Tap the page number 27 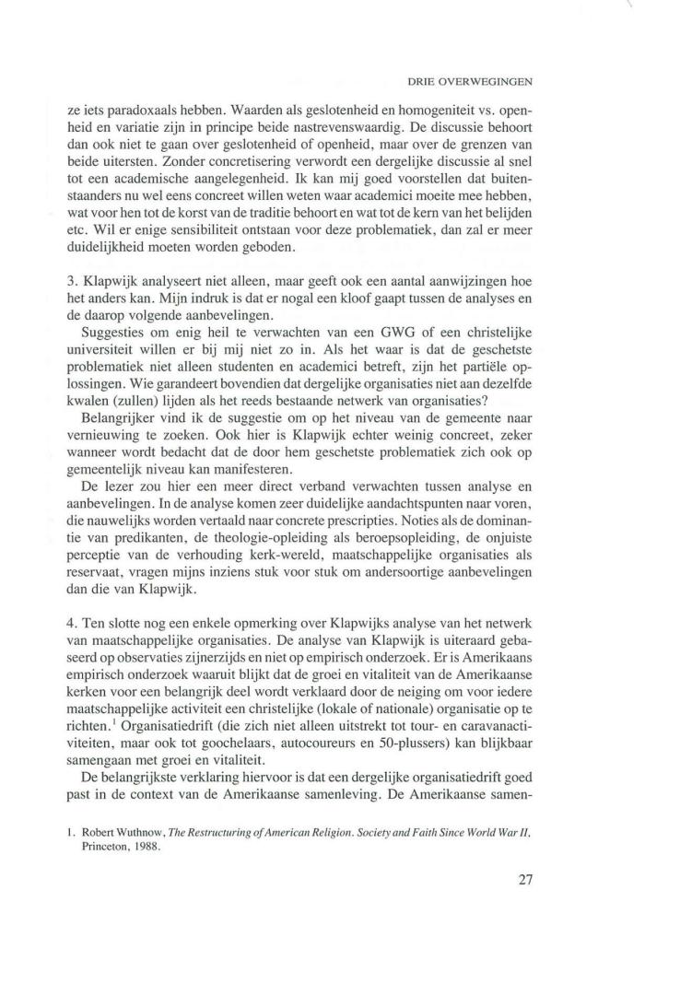coord(526,878)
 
